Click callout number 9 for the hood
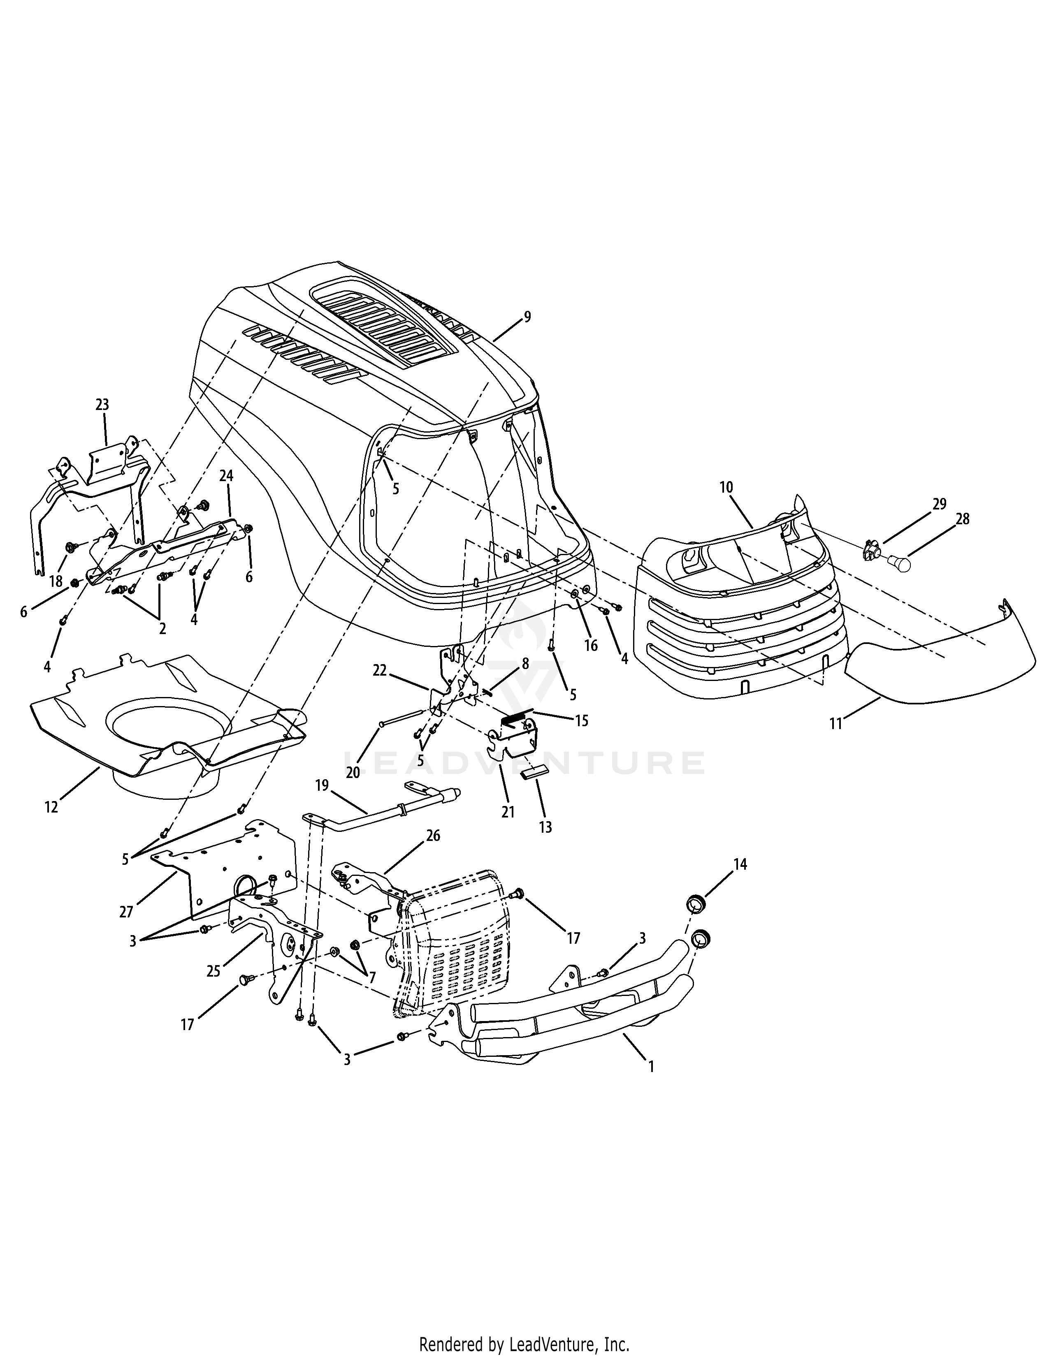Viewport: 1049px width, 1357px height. click(527, 317)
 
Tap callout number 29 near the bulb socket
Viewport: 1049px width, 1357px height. click(939, 504)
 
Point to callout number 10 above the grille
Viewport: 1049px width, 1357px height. click(726, 487)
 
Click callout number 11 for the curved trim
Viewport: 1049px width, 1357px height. click(836, 723)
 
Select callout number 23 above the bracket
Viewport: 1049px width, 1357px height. click(102, 405)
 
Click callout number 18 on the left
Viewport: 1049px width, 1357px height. click(56, 581)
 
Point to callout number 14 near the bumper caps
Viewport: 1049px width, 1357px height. click(740, 864)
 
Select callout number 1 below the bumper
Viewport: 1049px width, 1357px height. click(651, 1066)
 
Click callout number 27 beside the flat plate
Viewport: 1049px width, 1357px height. click(126, 912)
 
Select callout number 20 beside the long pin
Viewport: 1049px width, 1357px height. click(353, 772)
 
